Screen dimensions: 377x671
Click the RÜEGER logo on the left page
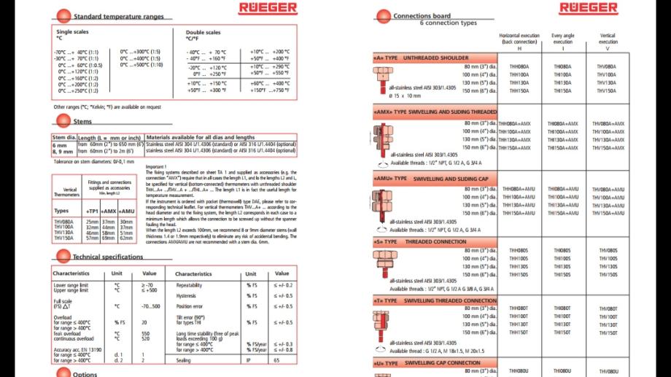[268, 8]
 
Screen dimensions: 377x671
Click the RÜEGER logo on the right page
[588, 8]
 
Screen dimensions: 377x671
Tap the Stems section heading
[82, 122]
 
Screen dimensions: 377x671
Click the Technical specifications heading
[108, 257]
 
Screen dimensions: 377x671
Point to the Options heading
[85, 374]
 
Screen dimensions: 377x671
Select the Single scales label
[71, 32]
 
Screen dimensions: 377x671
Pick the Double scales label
[203, 32]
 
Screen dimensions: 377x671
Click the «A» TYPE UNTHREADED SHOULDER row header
[422, 58]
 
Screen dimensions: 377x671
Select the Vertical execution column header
[607, 39]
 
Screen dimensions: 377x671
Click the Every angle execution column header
[562, 39]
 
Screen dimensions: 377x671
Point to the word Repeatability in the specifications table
[189, 285]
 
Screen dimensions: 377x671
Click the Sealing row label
[185, 359]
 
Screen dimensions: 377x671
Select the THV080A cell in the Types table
[64, 221]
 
